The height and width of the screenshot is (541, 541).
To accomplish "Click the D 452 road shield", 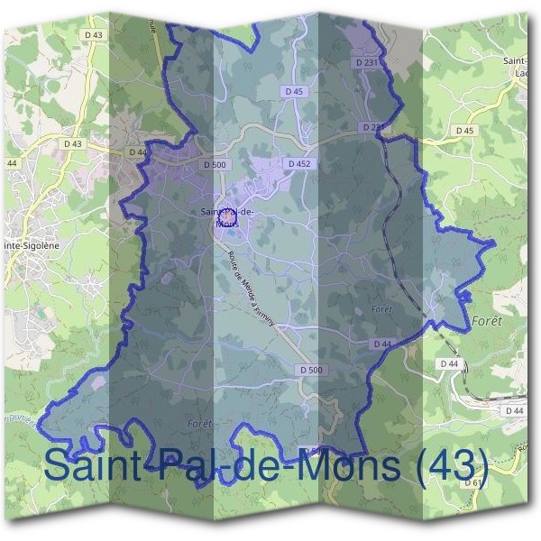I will pos(298,163).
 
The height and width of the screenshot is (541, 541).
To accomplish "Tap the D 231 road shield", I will pos(366,62).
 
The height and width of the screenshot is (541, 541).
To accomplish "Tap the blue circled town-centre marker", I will pos(227,217).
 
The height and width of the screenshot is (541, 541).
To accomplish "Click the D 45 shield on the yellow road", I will pos(464,131).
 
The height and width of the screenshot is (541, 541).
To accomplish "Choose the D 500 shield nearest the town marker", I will pos(214,165).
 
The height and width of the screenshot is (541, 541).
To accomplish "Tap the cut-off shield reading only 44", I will pos(12,163).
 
